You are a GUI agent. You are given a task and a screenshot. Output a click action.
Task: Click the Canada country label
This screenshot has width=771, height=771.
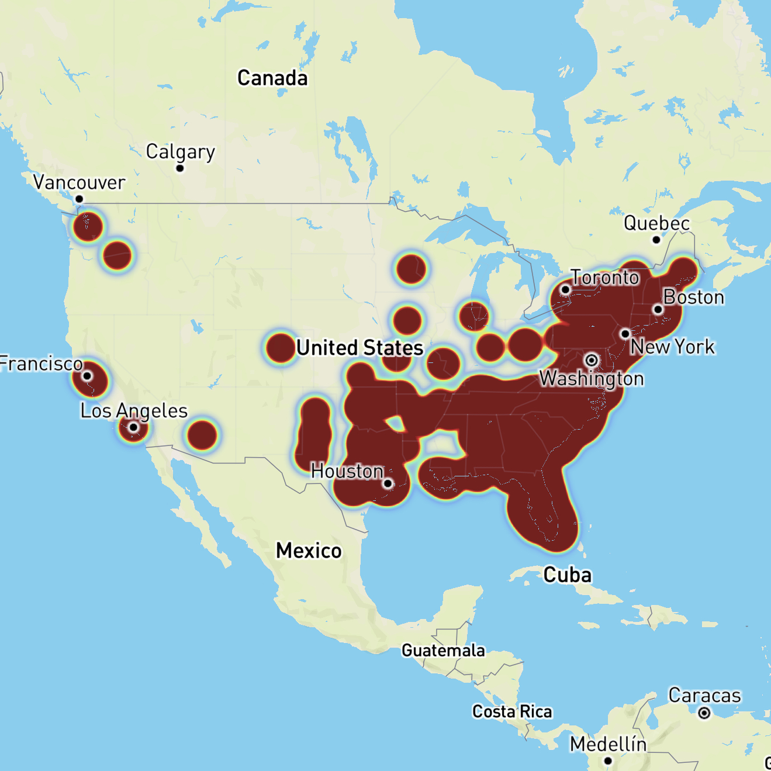pyautogui.click(x=272, y=78)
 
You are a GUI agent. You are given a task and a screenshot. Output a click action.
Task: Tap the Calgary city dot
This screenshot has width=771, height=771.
pyautogui.click(x=180, y=168)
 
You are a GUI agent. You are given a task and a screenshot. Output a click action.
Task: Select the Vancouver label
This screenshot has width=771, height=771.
pyautogui.click(x=79, y=182)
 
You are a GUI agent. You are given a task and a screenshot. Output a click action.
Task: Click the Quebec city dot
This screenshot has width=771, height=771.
pyautogui.click(x=656, y=240)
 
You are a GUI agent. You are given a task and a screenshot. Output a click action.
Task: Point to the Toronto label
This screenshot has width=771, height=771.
pyautogui.click(x=605, y=277)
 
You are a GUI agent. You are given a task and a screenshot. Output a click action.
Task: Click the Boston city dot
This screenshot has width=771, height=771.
pyautogui.click(x=658, y=309)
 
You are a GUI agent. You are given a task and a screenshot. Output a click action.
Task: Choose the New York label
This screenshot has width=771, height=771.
pyautogui.click(x=672, y=347)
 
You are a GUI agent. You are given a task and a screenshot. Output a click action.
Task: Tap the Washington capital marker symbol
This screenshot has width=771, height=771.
pyautogui.click(x=592, y=359)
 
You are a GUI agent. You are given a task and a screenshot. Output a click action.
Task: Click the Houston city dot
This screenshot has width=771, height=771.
pyautogui.click(x=388, y=483)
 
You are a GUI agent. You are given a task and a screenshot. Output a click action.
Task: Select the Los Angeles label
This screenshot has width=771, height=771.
pyautogui.click(x=134, y=410)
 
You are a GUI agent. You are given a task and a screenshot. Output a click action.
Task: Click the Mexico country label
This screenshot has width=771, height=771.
pyautogui.click(x=309, y=551)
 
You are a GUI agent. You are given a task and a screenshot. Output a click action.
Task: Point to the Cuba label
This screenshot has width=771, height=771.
pyautogui.click(x=567, y=575)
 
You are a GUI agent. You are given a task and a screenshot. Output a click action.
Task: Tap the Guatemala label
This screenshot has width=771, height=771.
pyautogui.click(x=443, y=651)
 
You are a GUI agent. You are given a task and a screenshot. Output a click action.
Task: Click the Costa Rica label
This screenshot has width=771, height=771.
pyautogui.click(x=512, y=711)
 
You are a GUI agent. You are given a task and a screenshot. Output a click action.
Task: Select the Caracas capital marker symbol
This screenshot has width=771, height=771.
pyautogui.click(x=704, y=713)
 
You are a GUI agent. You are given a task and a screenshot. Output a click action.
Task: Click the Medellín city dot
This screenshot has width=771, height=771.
pyautogui.click(x=608, y=760)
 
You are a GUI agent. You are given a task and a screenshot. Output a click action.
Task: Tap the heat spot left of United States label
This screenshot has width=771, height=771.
pyautogui.click(x=281, y=348)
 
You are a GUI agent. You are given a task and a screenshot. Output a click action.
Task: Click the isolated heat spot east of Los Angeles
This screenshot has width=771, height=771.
pyautogui.click(x=202, y=435)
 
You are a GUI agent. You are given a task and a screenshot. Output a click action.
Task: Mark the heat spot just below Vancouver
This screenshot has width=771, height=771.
pyautogui.click(x=88, y=226)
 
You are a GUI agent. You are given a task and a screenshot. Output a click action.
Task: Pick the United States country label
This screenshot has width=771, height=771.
pyautogui.click(x=359, y=348)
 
